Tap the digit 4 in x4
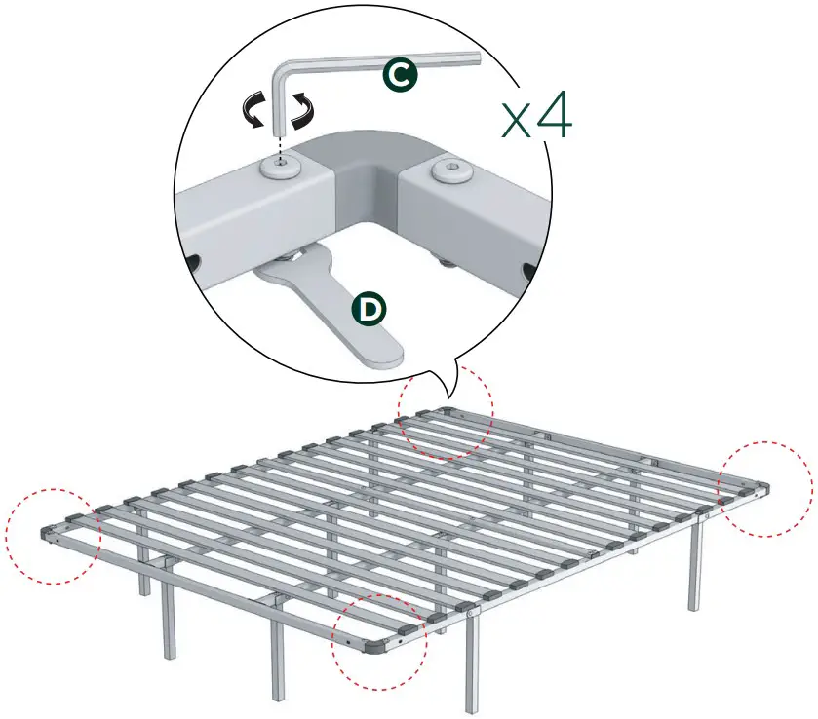pyautogui.click(x=551, y=118)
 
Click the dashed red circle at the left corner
pyautogui.click(x=53, y=536)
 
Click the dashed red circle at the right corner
pyautogui.click(x=765, y=487)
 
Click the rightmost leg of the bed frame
pyautogui.click(x=696, y=575)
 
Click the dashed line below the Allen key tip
pyautogui.click(x=282, y=149)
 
